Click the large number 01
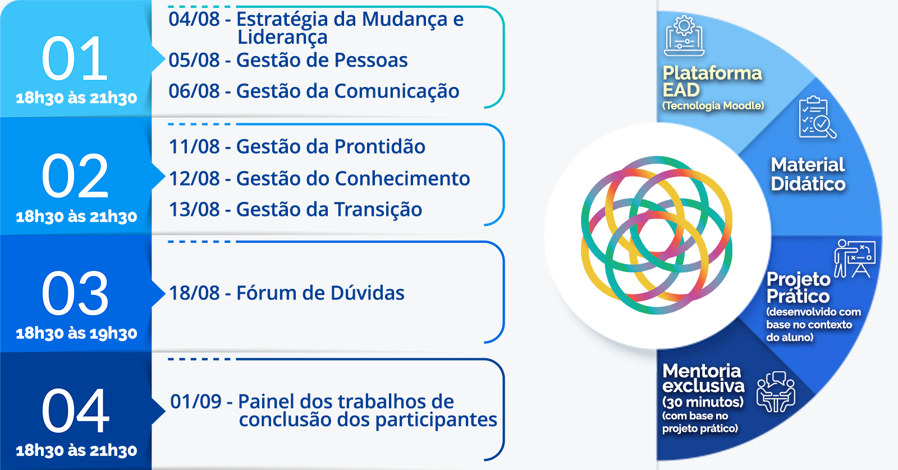[75, 58]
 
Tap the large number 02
[75, 176]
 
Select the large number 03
[75, 293]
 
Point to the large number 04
[75, 411]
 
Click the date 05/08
[194, 60]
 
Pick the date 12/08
[194, 179]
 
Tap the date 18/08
[194, 293]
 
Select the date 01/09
[196, 402]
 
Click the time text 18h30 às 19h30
[76, 333]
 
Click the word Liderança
[283, 37]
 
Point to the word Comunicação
[396, 91]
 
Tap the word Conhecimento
[402, 179]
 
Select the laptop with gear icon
[684, 36]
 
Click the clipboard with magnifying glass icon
[817, 117]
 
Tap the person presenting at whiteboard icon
[855, 259]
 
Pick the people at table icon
[776, 392]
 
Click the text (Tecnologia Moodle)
[713, 106]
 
